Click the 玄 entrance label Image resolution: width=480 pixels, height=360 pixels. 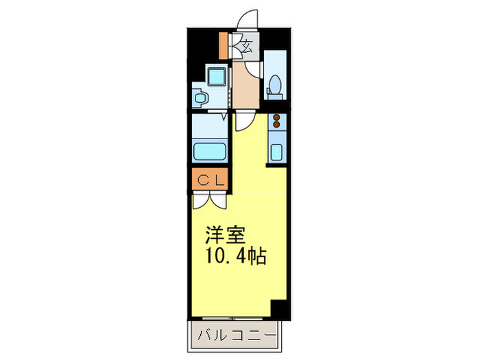(x=247, y=47)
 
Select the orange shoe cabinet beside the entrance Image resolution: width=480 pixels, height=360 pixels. (x=223, y=45)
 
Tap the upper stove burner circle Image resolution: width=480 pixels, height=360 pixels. (x=276, y=117)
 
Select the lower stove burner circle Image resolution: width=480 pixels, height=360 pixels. (x=276, y=125)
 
